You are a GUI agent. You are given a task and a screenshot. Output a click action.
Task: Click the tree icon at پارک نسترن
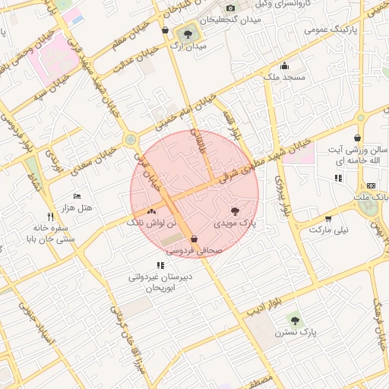pyautogui.click(x=295, y=321)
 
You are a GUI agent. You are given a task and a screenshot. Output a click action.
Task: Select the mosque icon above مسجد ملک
pyautogui.click(x=284, y=65)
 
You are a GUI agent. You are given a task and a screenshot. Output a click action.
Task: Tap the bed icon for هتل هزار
pyautogui.click(x=76, y=196)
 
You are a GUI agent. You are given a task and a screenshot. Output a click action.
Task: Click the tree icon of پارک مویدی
pyautogui.click(x=234, y=211)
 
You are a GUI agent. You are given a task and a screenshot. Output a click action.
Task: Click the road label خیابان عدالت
pyautogui.click(x=136, y=59)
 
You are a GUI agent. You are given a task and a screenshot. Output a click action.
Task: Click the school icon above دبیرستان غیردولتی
pyautogui.click(x=160, y=265)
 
